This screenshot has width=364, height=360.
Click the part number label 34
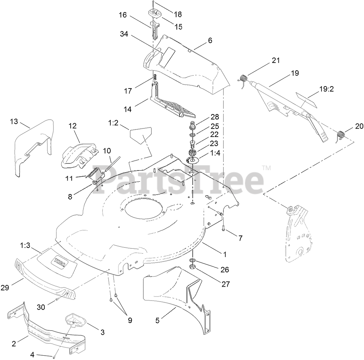tap(125, 34)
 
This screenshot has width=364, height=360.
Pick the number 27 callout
tap(225, 284)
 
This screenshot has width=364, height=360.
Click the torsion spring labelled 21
tap(245, 79)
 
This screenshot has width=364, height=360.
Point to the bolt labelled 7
tap(224, 228)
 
